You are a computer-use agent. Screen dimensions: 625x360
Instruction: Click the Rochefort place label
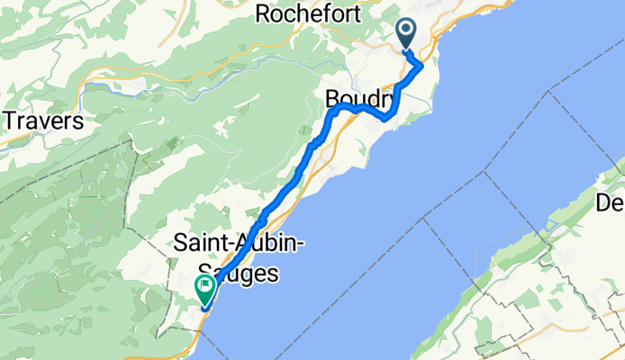point(308,13)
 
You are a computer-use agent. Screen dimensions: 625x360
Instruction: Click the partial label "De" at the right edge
point(611,204)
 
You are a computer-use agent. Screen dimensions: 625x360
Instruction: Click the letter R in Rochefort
point(264,13)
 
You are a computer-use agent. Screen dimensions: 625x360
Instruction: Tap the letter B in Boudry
point(332,97)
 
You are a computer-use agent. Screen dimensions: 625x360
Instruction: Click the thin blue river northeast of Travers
point(117,88)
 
